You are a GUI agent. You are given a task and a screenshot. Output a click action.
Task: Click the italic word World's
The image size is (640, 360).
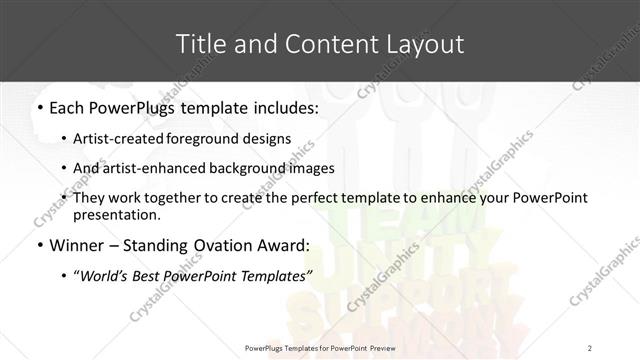click(112, 275)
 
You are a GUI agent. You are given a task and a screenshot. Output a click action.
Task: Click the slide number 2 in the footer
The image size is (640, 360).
click(589, 347)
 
